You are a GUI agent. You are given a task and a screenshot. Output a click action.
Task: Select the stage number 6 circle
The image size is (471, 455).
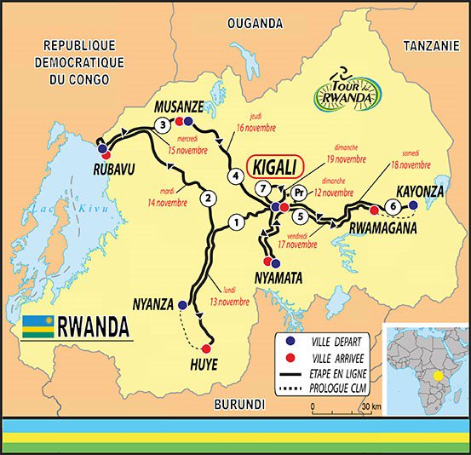tap(392, 205)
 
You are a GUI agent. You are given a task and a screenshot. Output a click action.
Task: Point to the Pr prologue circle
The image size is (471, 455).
tap(298, 193)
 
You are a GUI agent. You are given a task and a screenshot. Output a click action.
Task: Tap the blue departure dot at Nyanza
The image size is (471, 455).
tap(182, 304)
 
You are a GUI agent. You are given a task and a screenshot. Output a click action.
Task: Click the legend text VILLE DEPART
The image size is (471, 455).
tap(337, 340)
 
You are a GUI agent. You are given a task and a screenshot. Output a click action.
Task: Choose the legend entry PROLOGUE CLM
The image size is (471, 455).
tap(338, 387)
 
